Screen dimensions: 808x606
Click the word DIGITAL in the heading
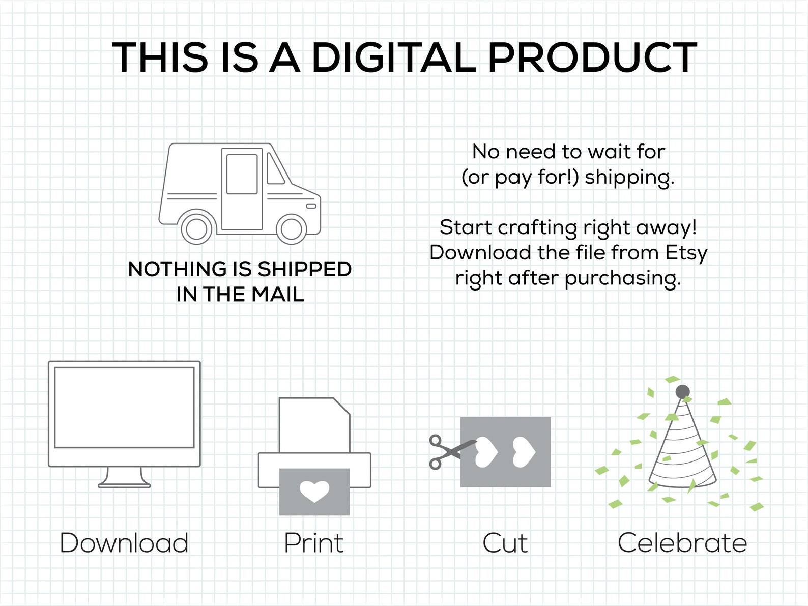coord(394,57)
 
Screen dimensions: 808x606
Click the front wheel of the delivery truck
coord(291,228)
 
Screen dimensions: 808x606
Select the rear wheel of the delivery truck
coord(196,228)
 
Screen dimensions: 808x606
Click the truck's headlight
coord(311,206)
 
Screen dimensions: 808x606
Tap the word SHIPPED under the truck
coord(304,269)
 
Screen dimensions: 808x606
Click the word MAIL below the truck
coord(278,295)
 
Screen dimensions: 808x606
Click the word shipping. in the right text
coord(629,178)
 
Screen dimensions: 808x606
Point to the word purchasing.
coord(623,279)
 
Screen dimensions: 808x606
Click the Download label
coord(124,543)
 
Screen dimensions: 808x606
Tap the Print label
coord(314,543)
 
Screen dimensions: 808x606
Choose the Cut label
coord(505,543)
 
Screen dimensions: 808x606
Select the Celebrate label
coord(682,543)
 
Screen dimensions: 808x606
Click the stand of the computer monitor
coord(124,478)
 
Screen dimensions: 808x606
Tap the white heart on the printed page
coord(314,492)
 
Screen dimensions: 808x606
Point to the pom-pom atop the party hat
coord(682,391)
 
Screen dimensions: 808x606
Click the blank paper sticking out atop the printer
coord(314,425)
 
